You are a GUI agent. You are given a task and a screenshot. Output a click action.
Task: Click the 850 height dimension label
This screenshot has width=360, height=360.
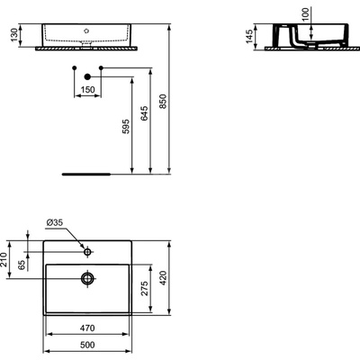pos(162,102)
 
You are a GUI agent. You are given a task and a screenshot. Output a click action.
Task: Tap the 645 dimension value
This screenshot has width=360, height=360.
pos(144,113)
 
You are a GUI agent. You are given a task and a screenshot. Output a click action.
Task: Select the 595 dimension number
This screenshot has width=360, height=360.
pos(126,126)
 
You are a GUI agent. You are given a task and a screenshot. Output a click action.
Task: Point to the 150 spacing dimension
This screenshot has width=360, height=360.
pos(88,89)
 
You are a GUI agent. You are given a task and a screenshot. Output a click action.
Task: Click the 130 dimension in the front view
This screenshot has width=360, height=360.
pos(14,35)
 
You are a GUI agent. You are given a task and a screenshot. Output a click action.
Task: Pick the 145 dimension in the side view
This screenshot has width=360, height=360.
pos(249,36)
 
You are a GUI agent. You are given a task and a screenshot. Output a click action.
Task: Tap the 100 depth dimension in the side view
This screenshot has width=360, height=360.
pos(305,13)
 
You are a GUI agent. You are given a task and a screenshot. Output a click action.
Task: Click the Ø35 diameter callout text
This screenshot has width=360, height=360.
pos(55,222)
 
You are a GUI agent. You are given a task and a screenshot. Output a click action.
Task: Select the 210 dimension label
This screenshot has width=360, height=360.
pos(4,260)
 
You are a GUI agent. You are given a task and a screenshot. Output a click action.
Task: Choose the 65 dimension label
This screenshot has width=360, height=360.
pos(22,265)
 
